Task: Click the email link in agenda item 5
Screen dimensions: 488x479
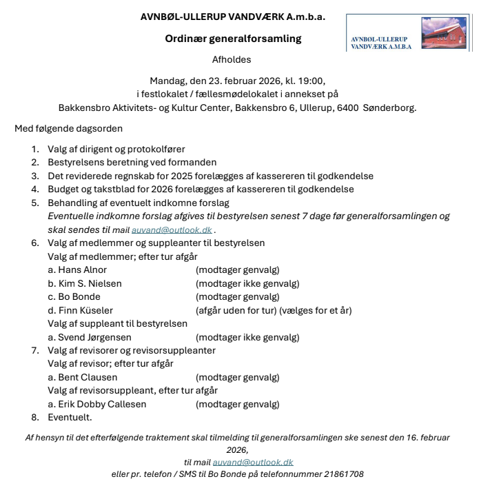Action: [x=182, y=230]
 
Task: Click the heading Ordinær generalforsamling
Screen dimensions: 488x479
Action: [x=233, y=39]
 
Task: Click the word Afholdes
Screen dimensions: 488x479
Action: [x=232, y=60]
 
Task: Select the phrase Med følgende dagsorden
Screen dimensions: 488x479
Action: [x=70, y=129]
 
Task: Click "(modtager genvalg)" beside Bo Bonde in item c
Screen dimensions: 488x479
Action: [x=237, y=297]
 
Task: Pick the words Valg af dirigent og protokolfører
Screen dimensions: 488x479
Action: [x=116, y=149]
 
